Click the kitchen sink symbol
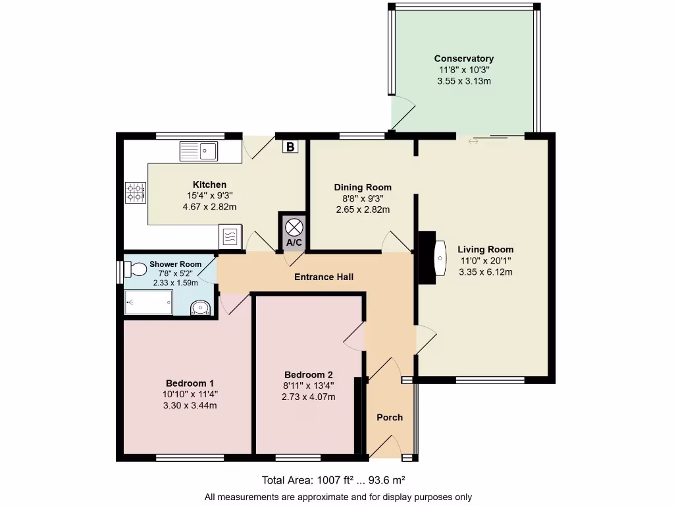(x=199, y=151)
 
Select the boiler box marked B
(x=290, y=147)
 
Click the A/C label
(x=294, y=243)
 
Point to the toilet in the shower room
(x=134, y=269)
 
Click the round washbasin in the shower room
(x=199, y=307)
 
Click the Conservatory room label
(x=464, y=59)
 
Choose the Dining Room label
(x=363, y=187)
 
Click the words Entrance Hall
(x=323, y=277)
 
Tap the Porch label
(x=390, y=417)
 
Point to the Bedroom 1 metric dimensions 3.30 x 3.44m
(x=190, y=405)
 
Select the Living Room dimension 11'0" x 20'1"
(x=486, y=260)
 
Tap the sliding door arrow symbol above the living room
(x=473, y=141)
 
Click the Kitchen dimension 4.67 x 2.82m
(x=209, y=207)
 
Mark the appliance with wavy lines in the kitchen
(x=230, y=236)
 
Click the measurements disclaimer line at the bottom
(x=338, y=497)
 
